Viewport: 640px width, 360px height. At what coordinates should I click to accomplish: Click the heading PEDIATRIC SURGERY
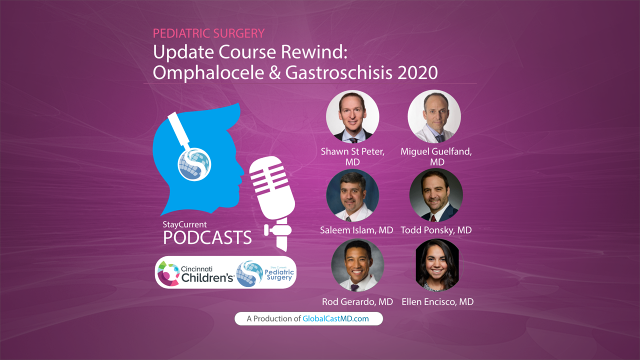[x=208, y=33]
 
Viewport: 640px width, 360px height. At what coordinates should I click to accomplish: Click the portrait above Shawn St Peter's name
[x=352, y=117]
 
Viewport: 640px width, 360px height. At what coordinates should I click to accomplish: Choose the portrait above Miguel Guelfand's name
[x=434, y=117]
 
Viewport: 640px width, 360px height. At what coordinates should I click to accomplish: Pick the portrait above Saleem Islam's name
[x=352, y=195]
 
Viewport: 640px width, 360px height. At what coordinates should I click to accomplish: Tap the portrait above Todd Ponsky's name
[x=436, y=195]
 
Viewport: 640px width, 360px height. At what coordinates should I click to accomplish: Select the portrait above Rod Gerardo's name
[x=357, y=265]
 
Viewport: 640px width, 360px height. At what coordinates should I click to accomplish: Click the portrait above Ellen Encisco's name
[x=437, y=265]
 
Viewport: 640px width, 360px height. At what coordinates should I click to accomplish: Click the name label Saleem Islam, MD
[x=356, y=230]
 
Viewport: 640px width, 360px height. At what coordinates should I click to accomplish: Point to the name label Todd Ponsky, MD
[x=436, y=230]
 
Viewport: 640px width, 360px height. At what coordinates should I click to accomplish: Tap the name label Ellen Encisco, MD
[x=437, y=301]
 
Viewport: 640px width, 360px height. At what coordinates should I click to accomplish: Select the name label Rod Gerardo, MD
[x=357, y=301]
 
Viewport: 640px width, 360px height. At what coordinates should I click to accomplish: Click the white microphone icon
[x=272, y=200]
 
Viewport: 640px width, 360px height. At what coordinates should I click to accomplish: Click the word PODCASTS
[x=207, y=238]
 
